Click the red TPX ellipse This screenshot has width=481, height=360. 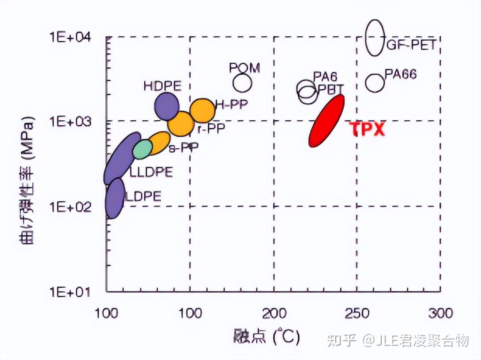click(x=327, y=121)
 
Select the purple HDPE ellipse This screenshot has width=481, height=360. click(x=167, y=106)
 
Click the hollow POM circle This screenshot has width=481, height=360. click(x=243, y=83)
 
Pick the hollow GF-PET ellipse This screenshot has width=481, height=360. click(x=375, y=38)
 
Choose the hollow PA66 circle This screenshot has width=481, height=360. click(x=375, y=83)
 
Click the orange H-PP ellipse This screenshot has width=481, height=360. click(x=202, y=110)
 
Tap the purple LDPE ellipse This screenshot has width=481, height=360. click(x=115, y=198)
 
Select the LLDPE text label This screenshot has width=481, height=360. click(x=151, y=172)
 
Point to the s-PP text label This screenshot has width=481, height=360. click(x=183, y=147)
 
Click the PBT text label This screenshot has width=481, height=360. click(x=331, y=89)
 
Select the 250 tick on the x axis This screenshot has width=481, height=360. click(x=357, y=313)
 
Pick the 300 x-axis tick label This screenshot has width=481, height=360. click(x=440, y=313)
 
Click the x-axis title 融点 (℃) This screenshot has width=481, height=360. click(x=267, y=337)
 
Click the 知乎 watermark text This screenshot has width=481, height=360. click(x=341, y=341)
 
